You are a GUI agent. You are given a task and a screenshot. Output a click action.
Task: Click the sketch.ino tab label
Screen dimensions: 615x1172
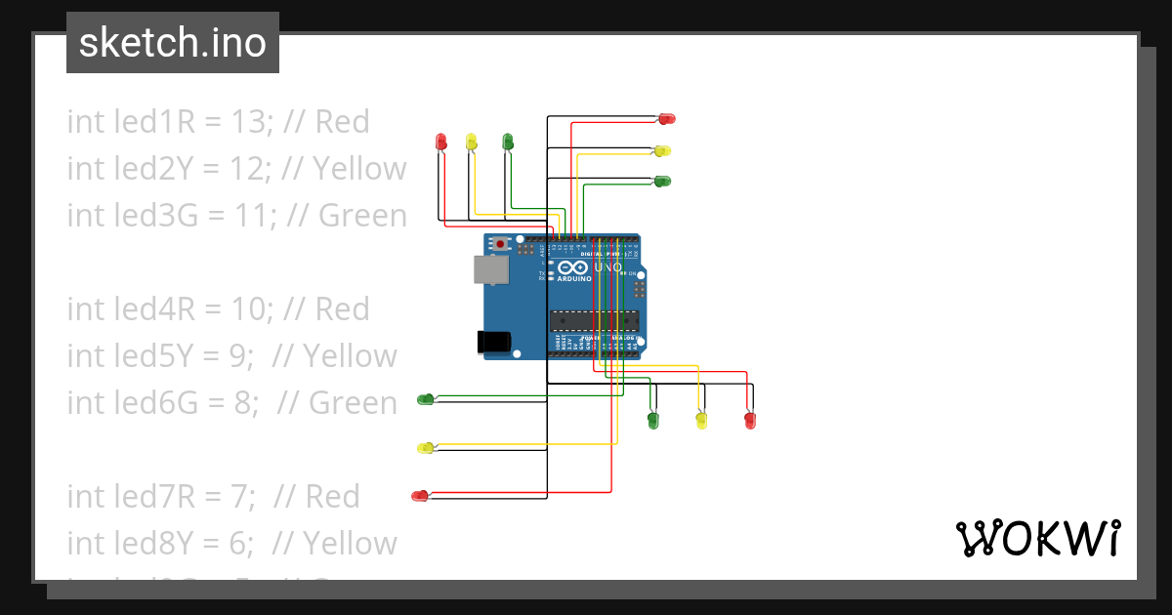coord(172,43)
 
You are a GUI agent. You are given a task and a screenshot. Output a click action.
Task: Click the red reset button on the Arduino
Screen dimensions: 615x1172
coord(501,243)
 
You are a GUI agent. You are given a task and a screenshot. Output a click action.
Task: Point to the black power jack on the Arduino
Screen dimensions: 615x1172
coord(492,341)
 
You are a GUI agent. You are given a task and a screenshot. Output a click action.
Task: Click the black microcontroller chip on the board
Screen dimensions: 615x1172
coord(594,320)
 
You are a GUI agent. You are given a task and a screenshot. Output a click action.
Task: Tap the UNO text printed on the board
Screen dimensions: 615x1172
coord(607,266)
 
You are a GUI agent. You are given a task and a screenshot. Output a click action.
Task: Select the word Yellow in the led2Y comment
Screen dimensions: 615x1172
coord(359,169)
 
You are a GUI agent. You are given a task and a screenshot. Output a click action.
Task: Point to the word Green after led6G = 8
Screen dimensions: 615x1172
coord(353,403)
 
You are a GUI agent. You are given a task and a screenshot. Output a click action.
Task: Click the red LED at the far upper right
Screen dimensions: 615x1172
coord(667,119)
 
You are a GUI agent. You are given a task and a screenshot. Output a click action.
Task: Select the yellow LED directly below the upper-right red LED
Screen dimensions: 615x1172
coord(662,150)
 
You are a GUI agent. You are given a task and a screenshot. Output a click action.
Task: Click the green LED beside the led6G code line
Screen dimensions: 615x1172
coord(426,398)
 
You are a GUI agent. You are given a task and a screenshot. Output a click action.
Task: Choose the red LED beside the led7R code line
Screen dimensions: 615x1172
coord(420,496)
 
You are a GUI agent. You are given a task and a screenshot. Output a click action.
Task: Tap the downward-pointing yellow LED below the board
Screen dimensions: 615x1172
coord(700,421)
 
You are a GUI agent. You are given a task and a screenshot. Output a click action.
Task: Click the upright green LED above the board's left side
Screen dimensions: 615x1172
coord(507,142)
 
